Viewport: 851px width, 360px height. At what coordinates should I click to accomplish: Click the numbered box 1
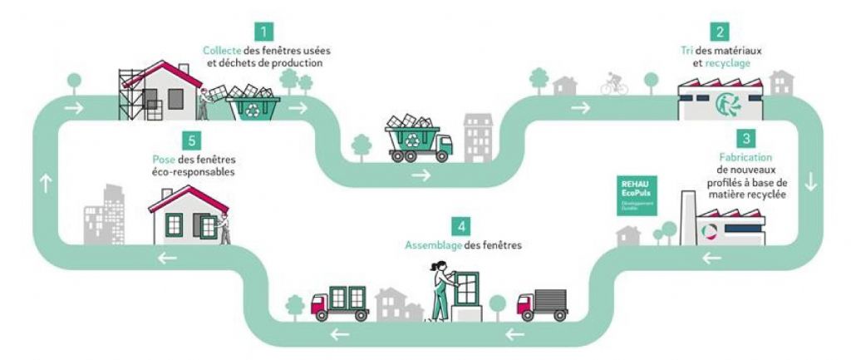click(x=264, y=32)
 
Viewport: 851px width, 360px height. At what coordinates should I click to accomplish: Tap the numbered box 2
click(x=721, y=32)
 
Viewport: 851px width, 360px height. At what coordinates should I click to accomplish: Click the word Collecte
click(x=223, y=51)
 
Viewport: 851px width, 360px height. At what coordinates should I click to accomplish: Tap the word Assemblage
click(x=432, y=246)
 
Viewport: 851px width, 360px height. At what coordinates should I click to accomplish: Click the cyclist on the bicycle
click(x=614, y=83)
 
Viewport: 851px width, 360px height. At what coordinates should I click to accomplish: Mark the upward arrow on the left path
click(x=46, y=185)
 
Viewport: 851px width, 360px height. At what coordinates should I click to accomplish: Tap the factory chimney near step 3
click(x=689, y=215)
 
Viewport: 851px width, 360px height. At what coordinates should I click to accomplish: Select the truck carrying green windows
click(x=339, y=302)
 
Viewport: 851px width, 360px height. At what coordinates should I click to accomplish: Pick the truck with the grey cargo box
click(x=542, y=304)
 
